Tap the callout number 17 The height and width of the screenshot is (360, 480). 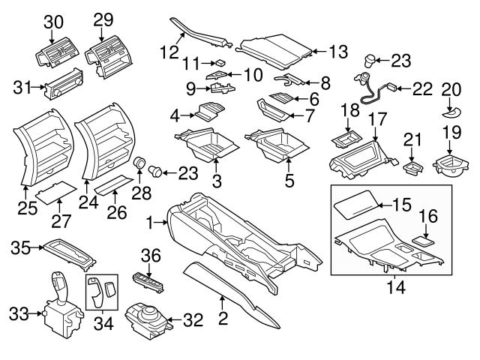pos(377,118)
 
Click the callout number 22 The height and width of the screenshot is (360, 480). pos(422,89)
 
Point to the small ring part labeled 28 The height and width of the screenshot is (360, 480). pos(139,164)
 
